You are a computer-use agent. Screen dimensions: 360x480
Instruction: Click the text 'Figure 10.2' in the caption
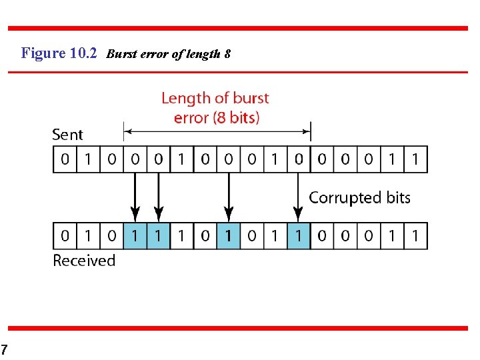click(x=59, y=53)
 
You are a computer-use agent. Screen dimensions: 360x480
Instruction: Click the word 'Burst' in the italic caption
click(x=120, y=54)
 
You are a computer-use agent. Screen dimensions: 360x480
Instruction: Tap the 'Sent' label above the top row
click(x=67, y=134)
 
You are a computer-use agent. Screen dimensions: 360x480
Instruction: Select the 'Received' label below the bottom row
click(x=84, y=260)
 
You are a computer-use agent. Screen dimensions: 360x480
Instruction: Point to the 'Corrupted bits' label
click(x=359, y=197)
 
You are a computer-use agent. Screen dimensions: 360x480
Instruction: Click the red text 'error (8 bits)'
click(x=216, y=118)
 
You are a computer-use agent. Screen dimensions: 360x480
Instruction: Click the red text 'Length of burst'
click(x=215, y=99)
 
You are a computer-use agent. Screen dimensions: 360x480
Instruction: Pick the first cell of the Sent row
click(x=65, y=159)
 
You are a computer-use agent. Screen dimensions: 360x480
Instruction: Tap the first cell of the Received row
click(x=65, y=236)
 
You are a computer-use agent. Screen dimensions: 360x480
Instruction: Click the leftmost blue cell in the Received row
click(x=135, y=236)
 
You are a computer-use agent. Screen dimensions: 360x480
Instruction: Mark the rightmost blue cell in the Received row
click(x=299, y=236)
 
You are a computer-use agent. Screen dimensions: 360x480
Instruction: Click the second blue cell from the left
click(x=158, y=236)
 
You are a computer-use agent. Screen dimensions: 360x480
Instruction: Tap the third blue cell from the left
click(x=229, y=236)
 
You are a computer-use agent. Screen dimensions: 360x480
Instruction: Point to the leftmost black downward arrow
click(x=135, y=197)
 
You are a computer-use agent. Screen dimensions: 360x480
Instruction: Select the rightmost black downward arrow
click(x=299, y=197)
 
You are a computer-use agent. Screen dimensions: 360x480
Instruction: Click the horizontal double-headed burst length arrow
click(x=217, y=131)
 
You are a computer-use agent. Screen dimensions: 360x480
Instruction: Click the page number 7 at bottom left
click(x=4, y=349)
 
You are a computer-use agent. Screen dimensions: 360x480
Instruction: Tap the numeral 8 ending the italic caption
click(x=227, y=54)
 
